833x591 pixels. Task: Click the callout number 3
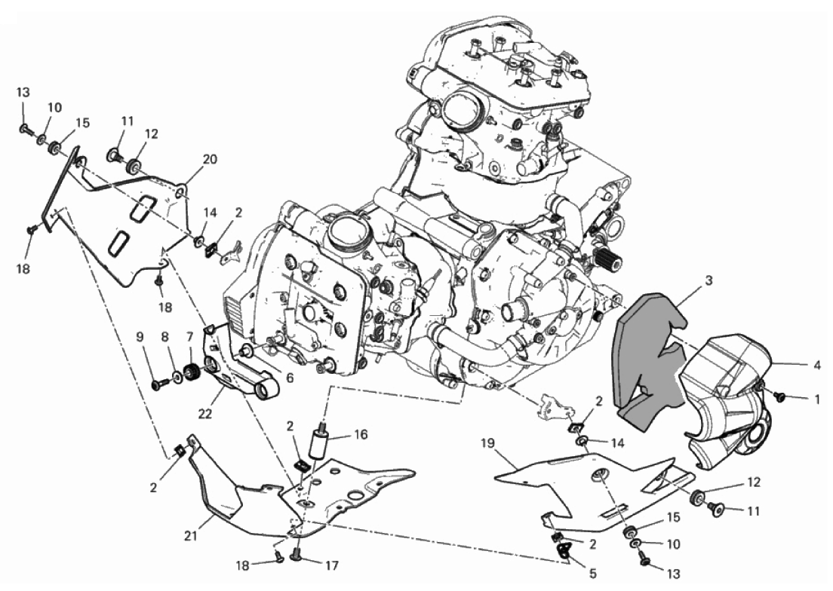709,281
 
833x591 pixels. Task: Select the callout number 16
361,435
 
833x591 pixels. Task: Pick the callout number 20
210,159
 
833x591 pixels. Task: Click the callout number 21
191,536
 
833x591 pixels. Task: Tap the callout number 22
204,413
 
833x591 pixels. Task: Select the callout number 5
593,574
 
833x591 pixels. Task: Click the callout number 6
290,378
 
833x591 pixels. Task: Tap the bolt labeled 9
158,383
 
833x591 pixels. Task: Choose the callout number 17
332,565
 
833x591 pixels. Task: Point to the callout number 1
817,399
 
